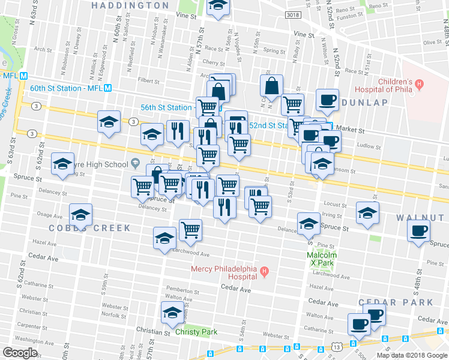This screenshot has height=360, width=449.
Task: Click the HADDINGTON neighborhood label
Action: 131,5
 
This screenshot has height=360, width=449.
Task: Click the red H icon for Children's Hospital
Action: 420,83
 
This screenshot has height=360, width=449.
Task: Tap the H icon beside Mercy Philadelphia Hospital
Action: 264,274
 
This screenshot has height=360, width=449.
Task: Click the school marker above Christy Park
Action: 172,313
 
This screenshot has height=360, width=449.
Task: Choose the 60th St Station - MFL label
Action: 66,88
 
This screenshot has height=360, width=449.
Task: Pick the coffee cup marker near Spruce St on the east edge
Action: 418,230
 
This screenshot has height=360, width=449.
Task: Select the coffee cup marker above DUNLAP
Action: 327,100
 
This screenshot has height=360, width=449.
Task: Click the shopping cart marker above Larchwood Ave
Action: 190,229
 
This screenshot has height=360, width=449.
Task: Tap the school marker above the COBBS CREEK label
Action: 80,214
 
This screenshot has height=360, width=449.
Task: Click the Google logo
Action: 20,353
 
